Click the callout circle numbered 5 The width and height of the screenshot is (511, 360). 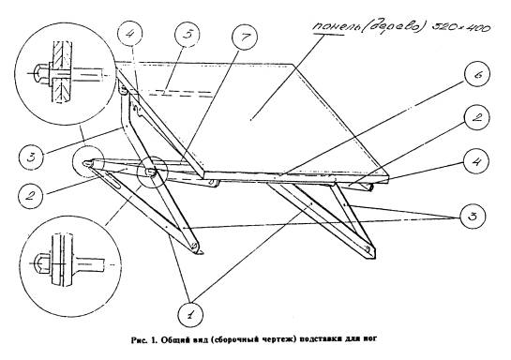[187, 34]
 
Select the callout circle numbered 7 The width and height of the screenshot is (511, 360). [245, 37]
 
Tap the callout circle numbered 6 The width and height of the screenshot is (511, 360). [477, 74]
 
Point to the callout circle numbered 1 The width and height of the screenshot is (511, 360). [190, 314]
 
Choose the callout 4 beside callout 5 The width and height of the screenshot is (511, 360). [129, 34]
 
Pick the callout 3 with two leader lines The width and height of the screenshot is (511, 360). [473, 216]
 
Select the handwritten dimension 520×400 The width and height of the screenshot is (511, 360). [461, 27]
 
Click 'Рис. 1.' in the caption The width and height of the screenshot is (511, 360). [143, 340]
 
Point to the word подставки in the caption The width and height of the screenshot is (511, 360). [319, 340]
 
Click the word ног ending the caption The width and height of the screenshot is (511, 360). [370, 340]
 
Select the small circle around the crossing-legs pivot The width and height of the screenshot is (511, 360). [152, 172]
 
